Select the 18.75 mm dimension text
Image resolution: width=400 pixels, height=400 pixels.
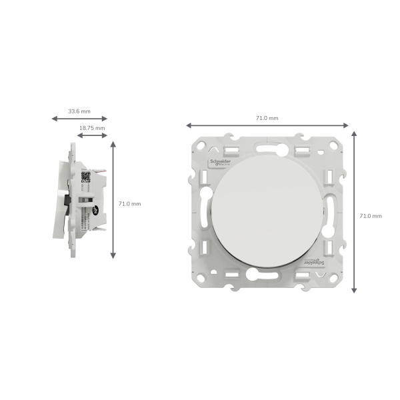pos(92,127)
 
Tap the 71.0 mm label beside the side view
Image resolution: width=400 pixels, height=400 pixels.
pos(130,203)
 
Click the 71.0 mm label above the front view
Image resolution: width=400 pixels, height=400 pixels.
pos(267,117)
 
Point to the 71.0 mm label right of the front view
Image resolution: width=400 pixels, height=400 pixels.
pos(371,216)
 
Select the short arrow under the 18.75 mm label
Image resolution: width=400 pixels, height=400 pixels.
pos(92,135)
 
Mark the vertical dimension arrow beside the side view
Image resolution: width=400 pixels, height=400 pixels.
pos(113,200)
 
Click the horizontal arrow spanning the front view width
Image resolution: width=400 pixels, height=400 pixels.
pos(267,125)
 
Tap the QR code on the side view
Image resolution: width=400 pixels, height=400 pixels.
pos(85,177)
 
